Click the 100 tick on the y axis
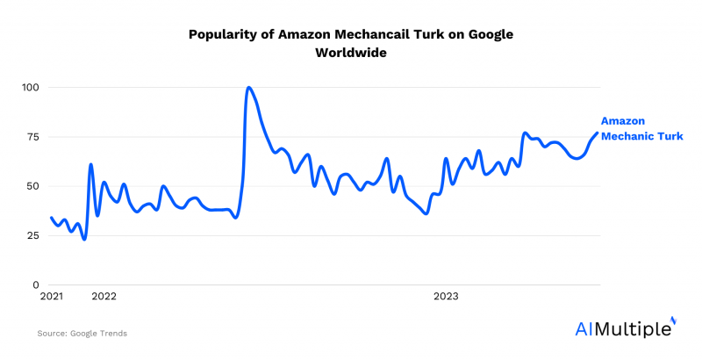(32, 88)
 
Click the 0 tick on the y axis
(37, 284)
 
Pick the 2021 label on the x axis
(53, 297)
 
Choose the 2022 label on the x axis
(104, 297)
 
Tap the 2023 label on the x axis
(447, 297)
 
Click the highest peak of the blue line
(249, 88)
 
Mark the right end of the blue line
(598, 133)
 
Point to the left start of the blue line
(52, 218)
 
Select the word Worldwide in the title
(351, 53)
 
